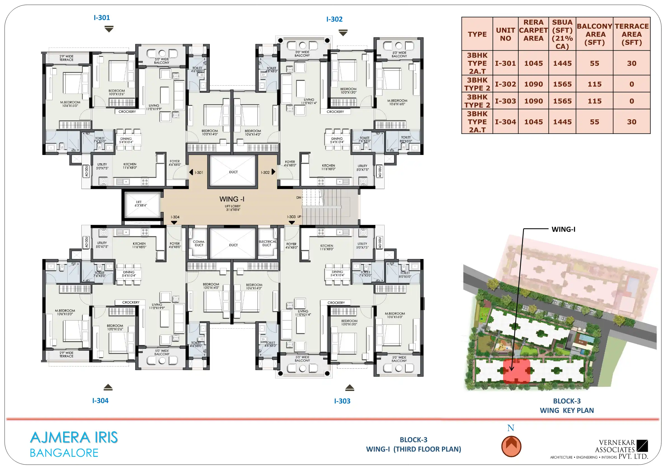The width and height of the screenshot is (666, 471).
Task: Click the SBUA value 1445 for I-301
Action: (562, 63)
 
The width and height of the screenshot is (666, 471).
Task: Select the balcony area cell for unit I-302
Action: (594, 84)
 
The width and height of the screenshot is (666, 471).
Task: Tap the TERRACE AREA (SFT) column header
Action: (632, 34)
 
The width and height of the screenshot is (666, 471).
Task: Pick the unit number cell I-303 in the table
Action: (505, 101)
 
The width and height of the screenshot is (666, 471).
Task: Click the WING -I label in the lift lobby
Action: (232, 199)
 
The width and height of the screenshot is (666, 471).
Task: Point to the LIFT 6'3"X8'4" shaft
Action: (142, 204)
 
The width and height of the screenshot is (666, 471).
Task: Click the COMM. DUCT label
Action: (199, 243)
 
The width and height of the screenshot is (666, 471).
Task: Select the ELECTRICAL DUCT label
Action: (267, 243)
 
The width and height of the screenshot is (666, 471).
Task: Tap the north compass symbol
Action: (511, 446)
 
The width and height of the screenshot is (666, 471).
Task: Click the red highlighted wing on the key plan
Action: (517, 371)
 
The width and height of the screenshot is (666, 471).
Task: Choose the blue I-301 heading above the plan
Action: (102, 18)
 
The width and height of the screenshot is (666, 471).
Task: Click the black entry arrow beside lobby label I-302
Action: (273, 172)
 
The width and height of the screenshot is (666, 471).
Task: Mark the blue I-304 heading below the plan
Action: (100, 401)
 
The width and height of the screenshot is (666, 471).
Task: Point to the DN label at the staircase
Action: (298, 197)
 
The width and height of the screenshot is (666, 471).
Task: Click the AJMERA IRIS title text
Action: (74, 437)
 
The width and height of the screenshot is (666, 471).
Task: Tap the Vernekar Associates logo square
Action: (642, 446)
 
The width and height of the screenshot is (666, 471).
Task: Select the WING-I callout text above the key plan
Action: (563, 229)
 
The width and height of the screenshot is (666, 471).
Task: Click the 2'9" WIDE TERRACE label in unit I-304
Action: (66, 354)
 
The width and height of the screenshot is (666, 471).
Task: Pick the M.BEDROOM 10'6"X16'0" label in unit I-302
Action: (397, 102)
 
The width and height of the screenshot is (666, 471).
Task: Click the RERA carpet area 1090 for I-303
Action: (533, 101)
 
